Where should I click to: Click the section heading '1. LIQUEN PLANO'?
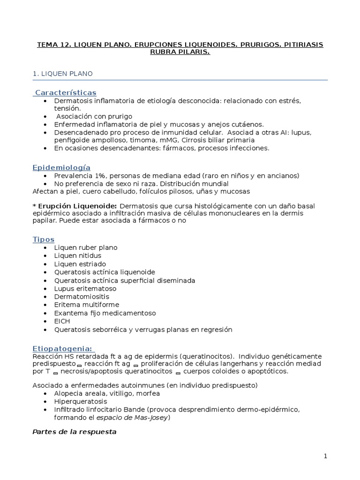pyautogui.click(x=62, y=74)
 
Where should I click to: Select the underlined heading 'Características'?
pyautogui.click(x=65, y=92)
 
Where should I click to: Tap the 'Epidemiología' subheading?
pyautogui.click(x=61, y=167)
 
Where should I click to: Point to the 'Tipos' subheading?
pyautogui.click(x=44, y=239)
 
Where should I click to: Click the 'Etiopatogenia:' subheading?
pyautogui.click(x=63, y=348)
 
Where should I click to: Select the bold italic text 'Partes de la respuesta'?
pyautogui.click(x=74, y=431)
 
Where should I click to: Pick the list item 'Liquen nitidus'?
pyautogui.click(x=78, y=255)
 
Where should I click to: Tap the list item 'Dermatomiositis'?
pyautogui.click(x=82, y=297)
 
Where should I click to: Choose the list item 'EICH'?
pyautogui.click(x=62, y=321)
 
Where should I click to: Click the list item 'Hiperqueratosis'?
pyautogui.click(x=81, y=401)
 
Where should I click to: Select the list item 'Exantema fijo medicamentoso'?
pyautogui.click(x=105, y=313)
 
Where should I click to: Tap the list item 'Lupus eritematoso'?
pyautogui.click(x=85, y=288)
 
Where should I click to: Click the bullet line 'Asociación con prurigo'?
pyautogui.click(x=94, y=116)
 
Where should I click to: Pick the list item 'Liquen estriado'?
pyautogui.click(x=80, y=264)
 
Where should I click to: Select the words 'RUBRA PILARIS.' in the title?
pyautogui.click(x=180, y=52)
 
